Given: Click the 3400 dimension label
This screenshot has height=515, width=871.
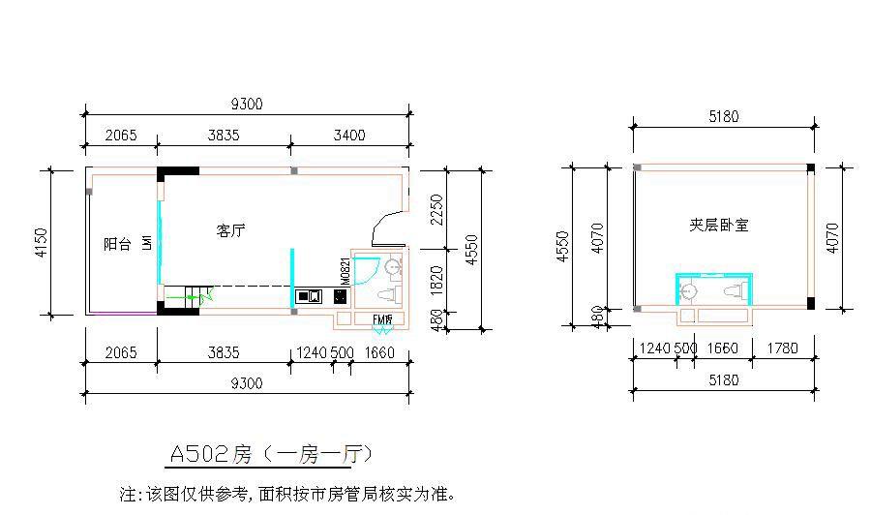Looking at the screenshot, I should (349, 136).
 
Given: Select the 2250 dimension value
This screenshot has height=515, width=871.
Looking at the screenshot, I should (438, 207).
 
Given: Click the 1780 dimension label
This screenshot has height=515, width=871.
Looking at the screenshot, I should (780, 348).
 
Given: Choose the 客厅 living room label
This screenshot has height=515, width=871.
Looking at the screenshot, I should (230, 231).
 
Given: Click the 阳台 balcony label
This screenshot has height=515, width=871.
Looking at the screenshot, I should (117, 245).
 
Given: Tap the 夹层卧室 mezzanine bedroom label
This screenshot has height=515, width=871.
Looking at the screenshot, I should (718, 226).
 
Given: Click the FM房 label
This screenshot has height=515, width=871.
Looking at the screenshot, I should (382, 319).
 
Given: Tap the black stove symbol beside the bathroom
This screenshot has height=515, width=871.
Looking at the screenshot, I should (342, 296).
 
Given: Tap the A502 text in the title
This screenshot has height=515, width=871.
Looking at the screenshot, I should (199, 454).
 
